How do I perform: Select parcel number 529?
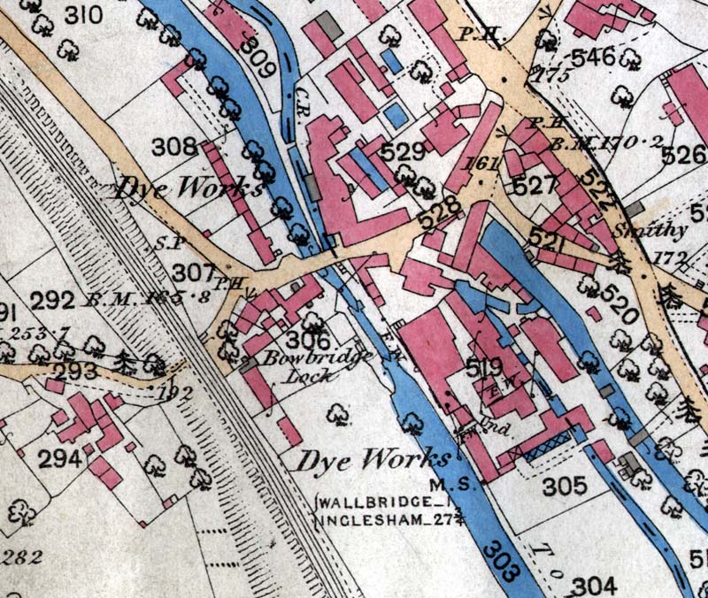404,152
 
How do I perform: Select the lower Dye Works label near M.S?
372,460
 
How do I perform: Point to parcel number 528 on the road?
442,213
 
